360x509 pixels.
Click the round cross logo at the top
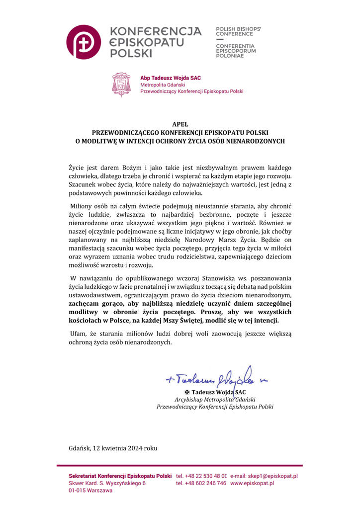(84, 41)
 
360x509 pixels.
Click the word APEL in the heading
(180, 125)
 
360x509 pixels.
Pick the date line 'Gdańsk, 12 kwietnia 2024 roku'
(113, 448)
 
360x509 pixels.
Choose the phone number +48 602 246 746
(201, 483)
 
